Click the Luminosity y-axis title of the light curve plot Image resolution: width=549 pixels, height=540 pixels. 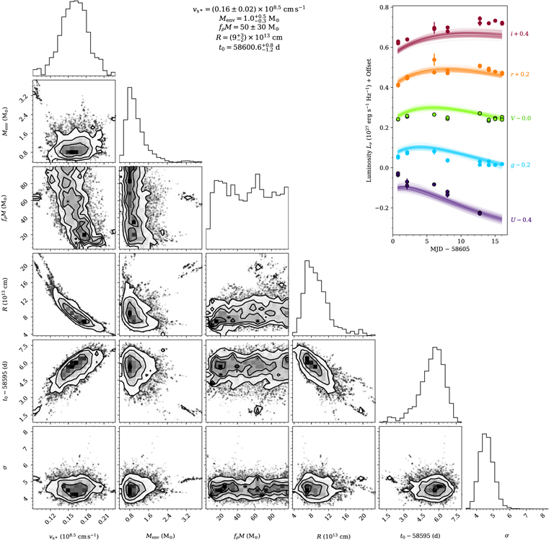369,123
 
